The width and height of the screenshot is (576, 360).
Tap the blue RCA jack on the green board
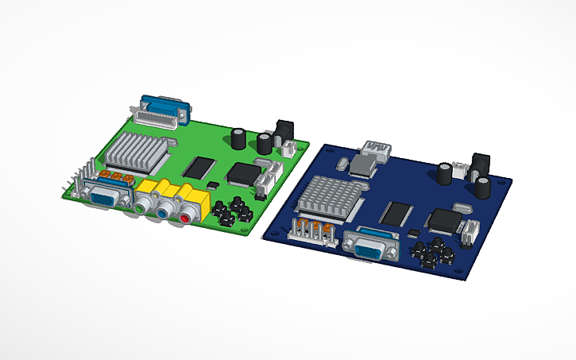164,212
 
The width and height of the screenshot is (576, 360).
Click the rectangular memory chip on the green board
199,167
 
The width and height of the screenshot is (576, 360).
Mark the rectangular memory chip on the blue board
396,212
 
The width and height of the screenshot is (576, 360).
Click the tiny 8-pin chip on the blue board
412,231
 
